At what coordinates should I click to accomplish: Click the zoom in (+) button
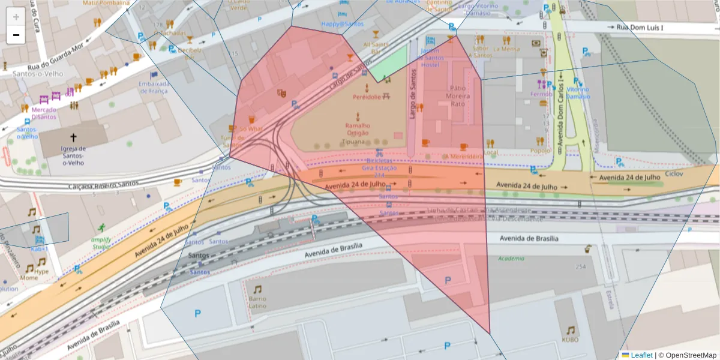[x=16, y=16]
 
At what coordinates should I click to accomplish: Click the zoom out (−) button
[x=16, y=35]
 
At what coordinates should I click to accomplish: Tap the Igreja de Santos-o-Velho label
[x=73, y=155]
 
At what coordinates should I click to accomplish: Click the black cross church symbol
[x=73, y=137]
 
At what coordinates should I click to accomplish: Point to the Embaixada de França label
[x=155, y=87]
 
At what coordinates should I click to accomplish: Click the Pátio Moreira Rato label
[x=458, y=95]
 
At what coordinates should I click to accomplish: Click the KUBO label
[x=570, y=340]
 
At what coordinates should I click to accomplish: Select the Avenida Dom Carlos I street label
[x=559, y=112]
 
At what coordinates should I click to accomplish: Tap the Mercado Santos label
[x=44, y=113]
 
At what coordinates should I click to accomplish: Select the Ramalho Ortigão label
[x=358, y=129]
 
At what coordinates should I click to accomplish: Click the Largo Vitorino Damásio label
[x=478, y=9]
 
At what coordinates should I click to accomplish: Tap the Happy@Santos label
[x=343, y=24]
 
